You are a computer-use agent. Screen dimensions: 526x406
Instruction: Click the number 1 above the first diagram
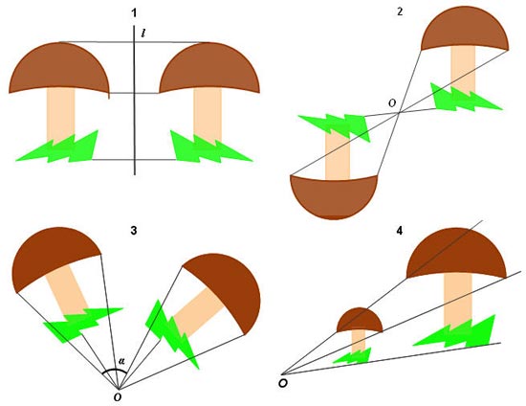134,13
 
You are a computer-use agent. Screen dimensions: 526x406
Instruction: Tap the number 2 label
400,12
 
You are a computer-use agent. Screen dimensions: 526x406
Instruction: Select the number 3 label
134,231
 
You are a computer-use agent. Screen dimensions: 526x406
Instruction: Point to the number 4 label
400,231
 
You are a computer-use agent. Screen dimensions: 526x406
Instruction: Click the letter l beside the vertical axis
143,33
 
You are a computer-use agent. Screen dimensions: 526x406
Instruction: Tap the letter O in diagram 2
392,103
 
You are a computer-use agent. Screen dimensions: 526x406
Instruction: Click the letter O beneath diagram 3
118,397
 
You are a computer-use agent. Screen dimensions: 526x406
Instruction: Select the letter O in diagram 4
283,383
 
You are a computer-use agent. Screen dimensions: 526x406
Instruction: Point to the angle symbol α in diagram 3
121,361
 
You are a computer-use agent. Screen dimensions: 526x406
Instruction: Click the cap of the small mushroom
360,319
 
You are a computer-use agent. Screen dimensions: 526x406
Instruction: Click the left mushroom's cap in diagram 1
59,67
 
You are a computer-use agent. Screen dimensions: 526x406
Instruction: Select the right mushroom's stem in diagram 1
208,115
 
